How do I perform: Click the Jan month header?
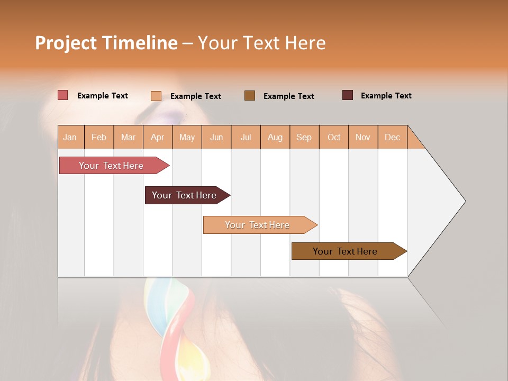point(70,138)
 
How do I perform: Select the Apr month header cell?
point(158,138)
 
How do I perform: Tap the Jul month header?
point(246,138)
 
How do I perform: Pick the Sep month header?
point(304,138)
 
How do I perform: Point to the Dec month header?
point(392,138)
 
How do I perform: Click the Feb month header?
point(99,138)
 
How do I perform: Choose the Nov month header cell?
point(363,138)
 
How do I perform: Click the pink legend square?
point(63,95)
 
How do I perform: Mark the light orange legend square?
point(156,96)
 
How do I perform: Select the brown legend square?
point(250,95)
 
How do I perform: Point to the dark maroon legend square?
point(348,95)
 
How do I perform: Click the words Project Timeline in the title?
point(106,43)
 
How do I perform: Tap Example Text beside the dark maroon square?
point(386,96)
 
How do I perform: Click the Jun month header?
point(216,138)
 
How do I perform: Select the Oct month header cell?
point(334,138)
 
